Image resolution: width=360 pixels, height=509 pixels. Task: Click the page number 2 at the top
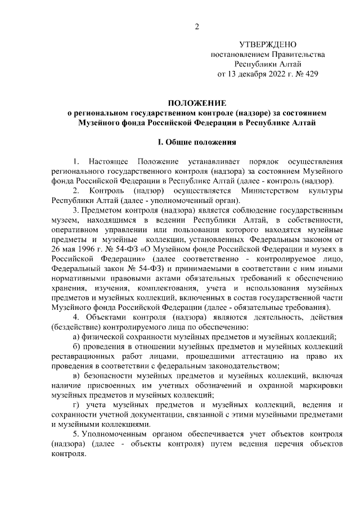point(197,25)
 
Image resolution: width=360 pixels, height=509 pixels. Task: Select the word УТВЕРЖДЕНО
point(267,44)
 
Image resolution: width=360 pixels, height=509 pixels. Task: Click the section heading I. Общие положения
point(197,143)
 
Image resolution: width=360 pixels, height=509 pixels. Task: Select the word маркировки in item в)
point(322,386)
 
